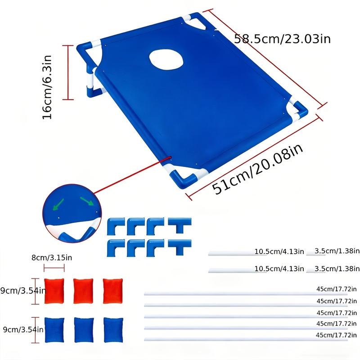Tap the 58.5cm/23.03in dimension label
tap(283, 39)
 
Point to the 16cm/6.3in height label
tap(47, 86)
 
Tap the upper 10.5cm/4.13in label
tap(278, 251)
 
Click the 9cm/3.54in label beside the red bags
tap(22, 291)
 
